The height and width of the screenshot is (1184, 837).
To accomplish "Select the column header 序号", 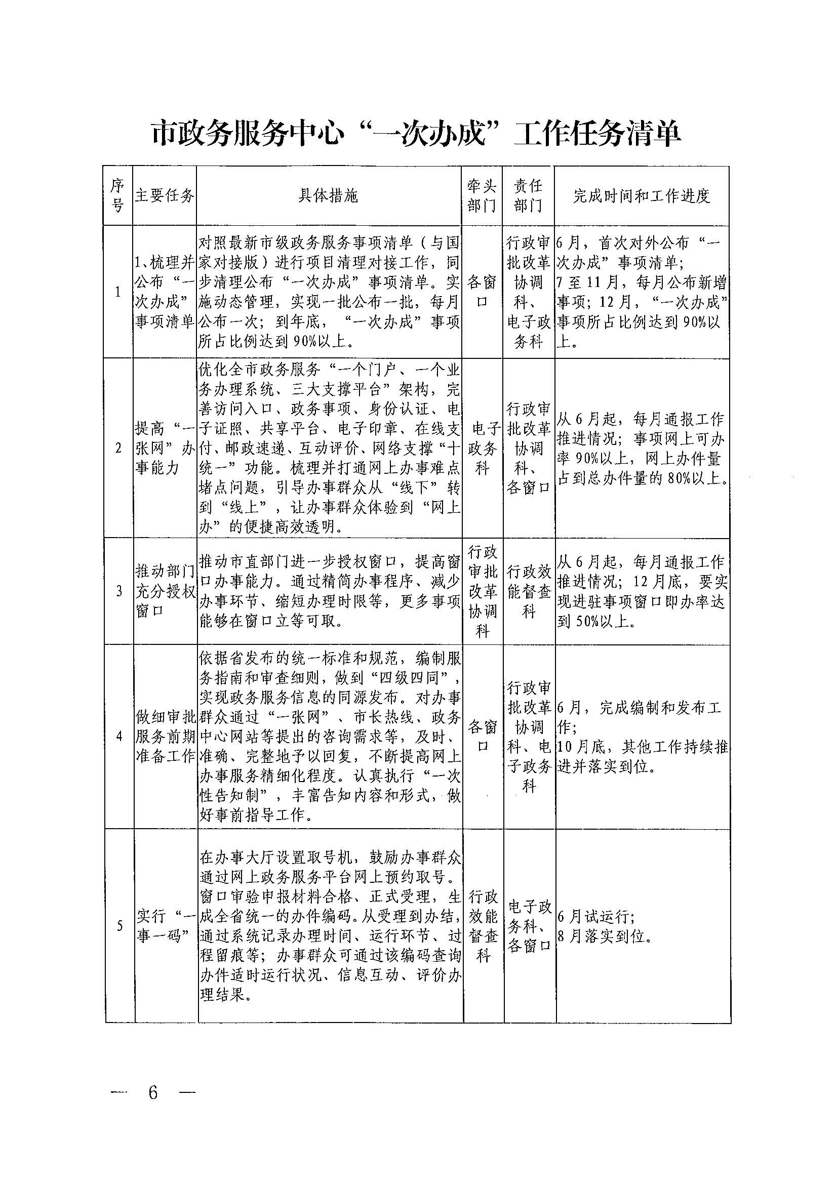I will click(x=117, y=196).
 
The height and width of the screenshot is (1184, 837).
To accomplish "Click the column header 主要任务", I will click(x=165, y=196).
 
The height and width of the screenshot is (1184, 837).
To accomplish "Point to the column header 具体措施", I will click(x=329, y=196).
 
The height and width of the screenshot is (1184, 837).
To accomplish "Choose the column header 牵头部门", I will click(x=481, y=196).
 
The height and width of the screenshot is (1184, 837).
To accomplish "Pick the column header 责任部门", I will click(x=528, y=196).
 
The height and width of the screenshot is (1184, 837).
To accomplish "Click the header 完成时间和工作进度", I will click(x=642, y=196).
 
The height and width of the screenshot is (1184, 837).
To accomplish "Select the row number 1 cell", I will click(x=118, y=292).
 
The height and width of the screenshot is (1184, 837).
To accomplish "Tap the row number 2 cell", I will click(x=118, y=448).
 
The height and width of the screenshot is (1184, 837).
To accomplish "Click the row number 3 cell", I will click(x=119, y=591).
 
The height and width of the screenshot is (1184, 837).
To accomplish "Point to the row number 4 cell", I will click(x=119, y=736).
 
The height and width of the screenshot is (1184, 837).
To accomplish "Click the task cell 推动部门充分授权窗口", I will click(x=165, y=591).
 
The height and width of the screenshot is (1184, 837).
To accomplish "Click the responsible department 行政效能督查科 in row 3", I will click(x=529, y=591).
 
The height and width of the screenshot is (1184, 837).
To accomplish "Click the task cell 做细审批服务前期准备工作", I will click(x=166, y=736).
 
